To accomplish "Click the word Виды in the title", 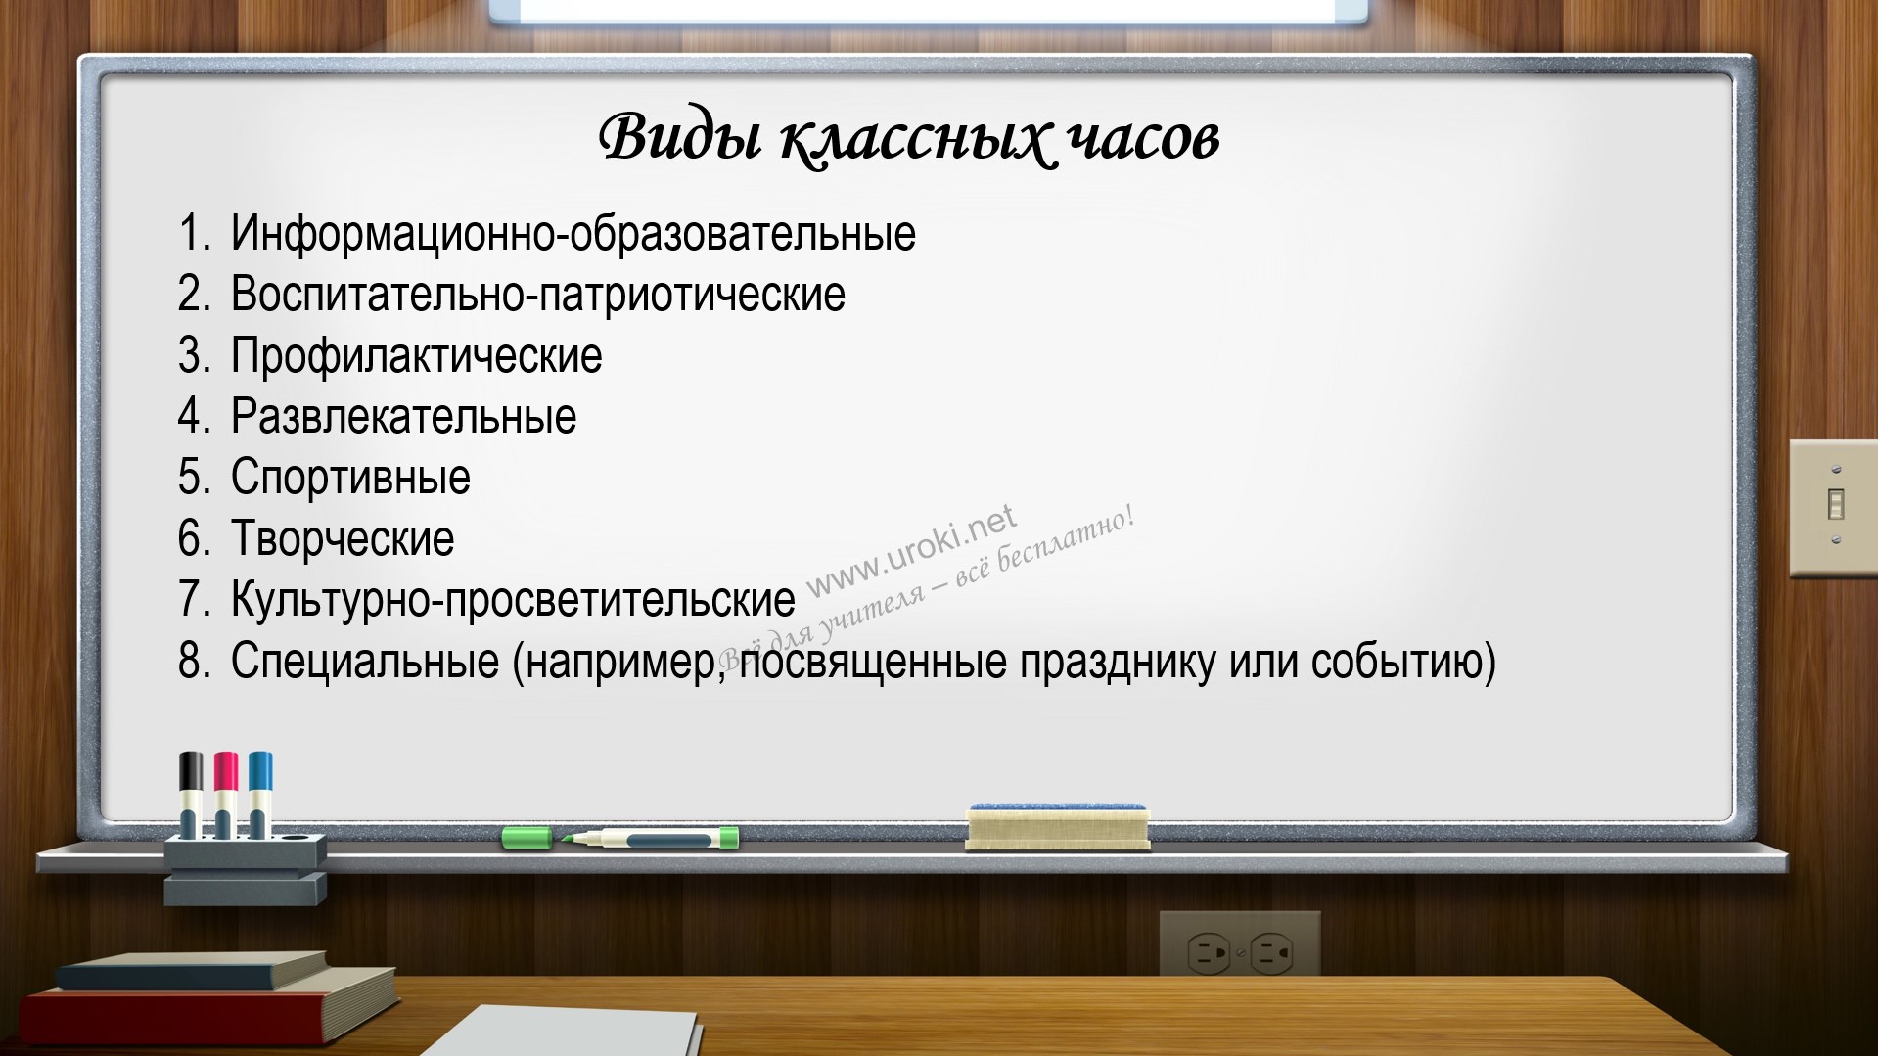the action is point(679,137).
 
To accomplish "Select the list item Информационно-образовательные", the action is point(573,234).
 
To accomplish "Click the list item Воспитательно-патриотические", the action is point(538,295).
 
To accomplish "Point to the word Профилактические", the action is point(417,355).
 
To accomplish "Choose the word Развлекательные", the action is point(404,417).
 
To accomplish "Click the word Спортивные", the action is point(350,478).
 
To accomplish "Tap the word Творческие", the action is point(343,539).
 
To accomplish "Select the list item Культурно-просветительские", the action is point(514,600).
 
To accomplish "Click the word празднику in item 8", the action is point(1117,662).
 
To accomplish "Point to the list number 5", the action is point(193,478).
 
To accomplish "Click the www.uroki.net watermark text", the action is point(911,550).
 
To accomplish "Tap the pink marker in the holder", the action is point(226,794).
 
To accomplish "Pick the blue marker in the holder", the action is point(260,794).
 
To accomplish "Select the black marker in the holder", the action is point(192,794).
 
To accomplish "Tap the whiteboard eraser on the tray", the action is point(1057,828).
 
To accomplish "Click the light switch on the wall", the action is point(1834,507).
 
